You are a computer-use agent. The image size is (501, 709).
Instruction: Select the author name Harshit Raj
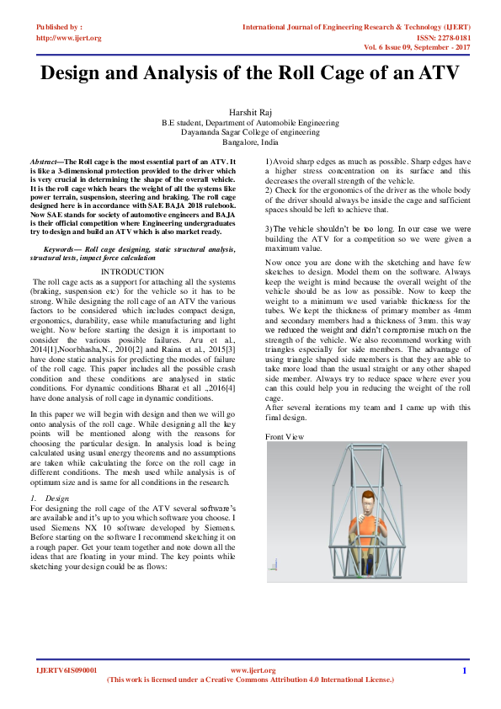(x=251, y=112)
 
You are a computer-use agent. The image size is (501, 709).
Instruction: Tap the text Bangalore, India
(x=251, y=142)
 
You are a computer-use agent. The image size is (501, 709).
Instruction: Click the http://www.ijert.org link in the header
(x=68, y=38)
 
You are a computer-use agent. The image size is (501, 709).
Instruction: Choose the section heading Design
(x=57, y=498)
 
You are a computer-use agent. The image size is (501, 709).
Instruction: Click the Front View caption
(x=285, y=436)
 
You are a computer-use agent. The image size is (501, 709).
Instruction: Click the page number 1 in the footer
(x=464, y=670)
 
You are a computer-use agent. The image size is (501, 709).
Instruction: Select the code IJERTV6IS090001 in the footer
(x=67, y=670)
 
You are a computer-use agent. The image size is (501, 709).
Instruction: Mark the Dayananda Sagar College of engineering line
(x=251, y=132)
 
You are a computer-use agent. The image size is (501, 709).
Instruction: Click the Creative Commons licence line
(x=250, y=680)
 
